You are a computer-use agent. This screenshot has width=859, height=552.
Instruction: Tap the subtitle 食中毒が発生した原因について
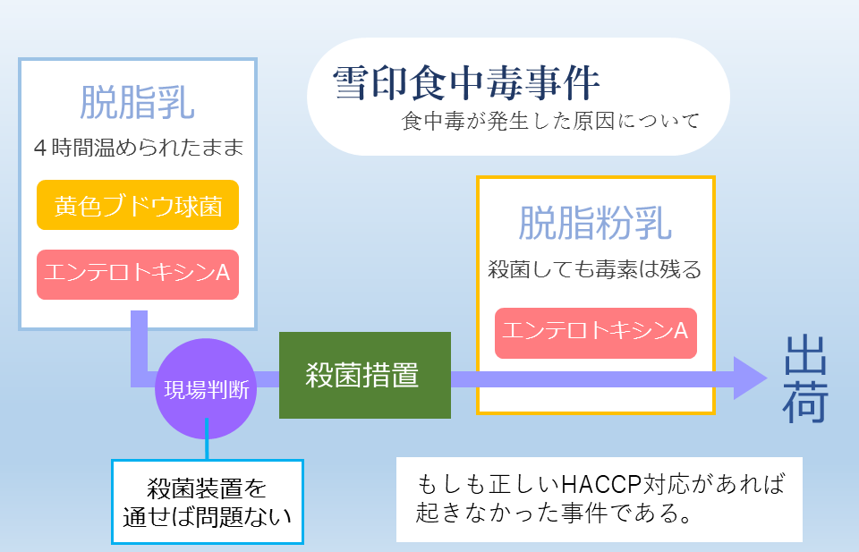tap(550, 121)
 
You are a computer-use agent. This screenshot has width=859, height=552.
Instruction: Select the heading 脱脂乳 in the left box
tap(138, 102)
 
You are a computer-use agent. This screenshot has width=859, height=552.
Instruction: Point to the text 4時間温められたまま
tap(138, 148)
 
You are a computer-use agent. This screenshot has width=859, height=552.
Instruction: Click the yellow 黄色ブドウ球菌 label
tap(138, 205)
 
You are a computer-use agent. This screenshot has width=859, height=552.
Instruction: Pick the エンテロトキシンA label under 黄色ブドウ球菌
tap(138, 275)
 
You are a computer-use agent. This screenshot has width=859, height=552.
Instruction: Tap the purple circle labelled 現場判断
tap(206, 389)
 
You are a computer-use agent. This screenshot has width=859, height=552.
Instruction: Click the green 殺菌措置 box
tap(365, 375)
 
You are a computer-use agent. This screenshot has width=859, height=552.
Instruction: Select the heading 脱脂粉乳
tap(596, 224)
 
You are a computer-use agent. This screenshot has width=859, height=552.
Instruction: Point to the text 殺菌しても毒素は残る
tap(595, 269)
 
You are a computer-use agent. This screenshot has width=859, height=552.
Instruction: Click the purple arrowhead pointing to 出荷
tap(751, 378)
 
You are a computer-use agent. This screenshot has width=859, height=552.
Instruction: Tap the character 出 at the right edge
tap(805, 355)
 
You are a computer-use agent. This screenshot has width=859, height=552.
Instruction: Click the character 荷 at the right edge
tap(805, 403)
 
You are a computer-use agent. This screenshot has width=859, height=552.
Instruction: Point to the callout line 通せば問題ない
tap(207, 517)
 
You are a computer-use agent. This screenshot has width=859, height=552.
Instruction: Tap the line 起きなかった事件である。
tap(553, 514)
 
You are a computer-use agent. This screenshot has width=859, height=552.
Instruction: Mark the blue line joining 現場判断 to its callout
tap(207, 439)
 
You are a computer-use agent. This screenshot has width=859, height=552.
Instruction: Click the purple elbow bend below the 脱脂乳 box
tap(140, 379)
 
